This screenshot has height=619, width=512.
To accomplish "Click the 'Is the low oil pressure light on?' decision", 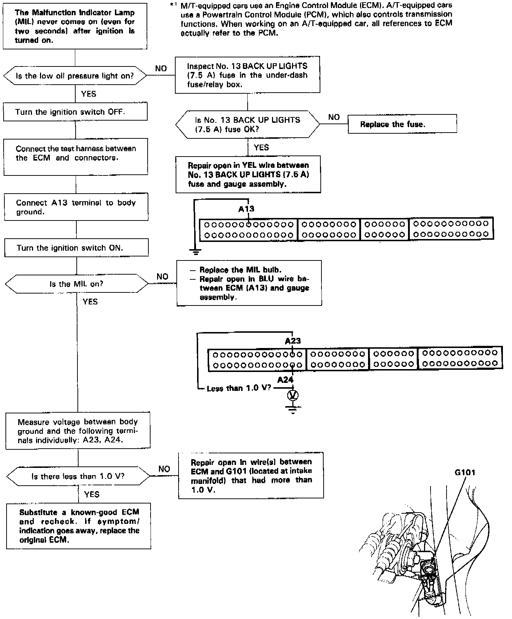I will [x=75, y=76].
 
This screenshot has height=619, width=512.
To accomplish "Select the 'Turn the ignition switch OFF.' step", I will [x=75, y=112].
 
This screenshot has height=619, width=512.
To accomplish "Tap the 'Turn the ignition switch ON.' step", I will [x=76, y=248].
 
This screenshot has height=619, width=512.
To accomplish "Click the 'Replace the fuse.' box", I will [x=402, y=124].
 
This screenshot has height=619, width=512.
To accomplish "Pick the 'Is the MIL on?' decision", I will [x=77, y=284].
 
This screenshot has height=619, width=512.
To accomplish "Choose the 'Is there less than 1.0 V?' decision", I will [x=78, y=476].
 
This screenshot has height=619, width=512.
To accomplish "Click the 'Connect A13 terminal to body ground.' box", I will [x=76, y=207].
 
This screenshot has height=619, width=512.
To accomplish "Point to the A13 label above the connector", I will [x=246, y=209].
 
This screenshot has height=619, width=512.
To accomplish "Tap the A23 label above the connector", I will [x=293, y=341].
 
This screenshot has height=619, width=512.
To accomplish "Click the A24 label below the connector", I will [x=285, y=380].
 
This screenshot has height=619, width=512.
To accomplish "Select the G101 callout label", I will [x=465, y=473].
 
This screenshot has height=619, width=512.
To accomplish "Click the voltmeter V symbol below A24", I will [x=293, y=395].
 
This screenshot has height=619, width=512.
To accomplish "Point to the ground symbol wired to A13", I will [x=196, y=251].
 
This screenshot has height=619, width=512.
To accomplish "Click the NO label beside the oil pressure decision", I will [x=161, y=68].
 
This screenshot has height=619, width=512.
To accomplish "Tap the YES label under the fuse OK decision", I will [x=261, y=147].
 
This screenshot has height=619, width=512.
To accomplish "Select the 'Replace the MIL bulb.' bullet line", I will [x=240, y=270].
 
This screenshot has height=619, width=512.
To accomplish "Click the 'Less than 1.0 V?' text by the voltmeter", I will [x=239, y=388].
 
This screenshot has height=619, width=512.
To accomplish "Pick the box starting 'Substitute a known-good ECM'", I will [x=79, y=526].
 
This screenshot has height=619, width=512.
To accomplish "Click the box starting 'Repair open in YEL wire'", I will [x=248, y=174].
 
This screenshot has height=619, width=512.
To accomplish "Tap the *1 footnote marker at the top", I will [x=173, y=5].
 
